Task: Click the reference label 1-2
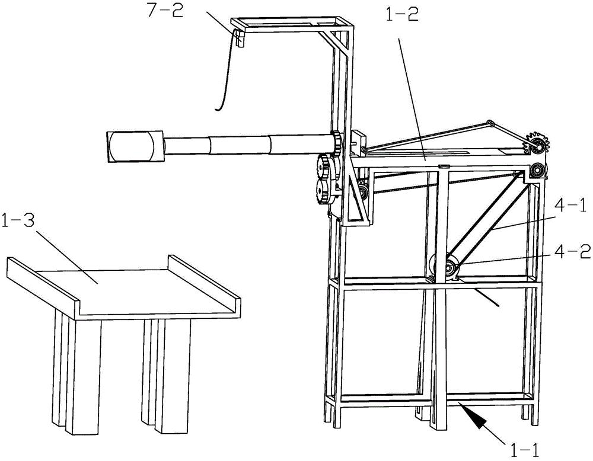click(401, 14)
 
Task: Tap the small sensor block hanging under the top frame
click(240, 38)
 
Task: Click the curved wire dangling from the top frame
click(225, 72)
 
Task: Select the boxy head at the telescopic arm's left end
click(135, 146)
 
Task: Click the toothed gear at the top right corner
click(537, 143)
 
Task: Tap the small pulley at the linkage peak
click(490, 124)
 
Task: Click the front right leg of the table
click(173, 376)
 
